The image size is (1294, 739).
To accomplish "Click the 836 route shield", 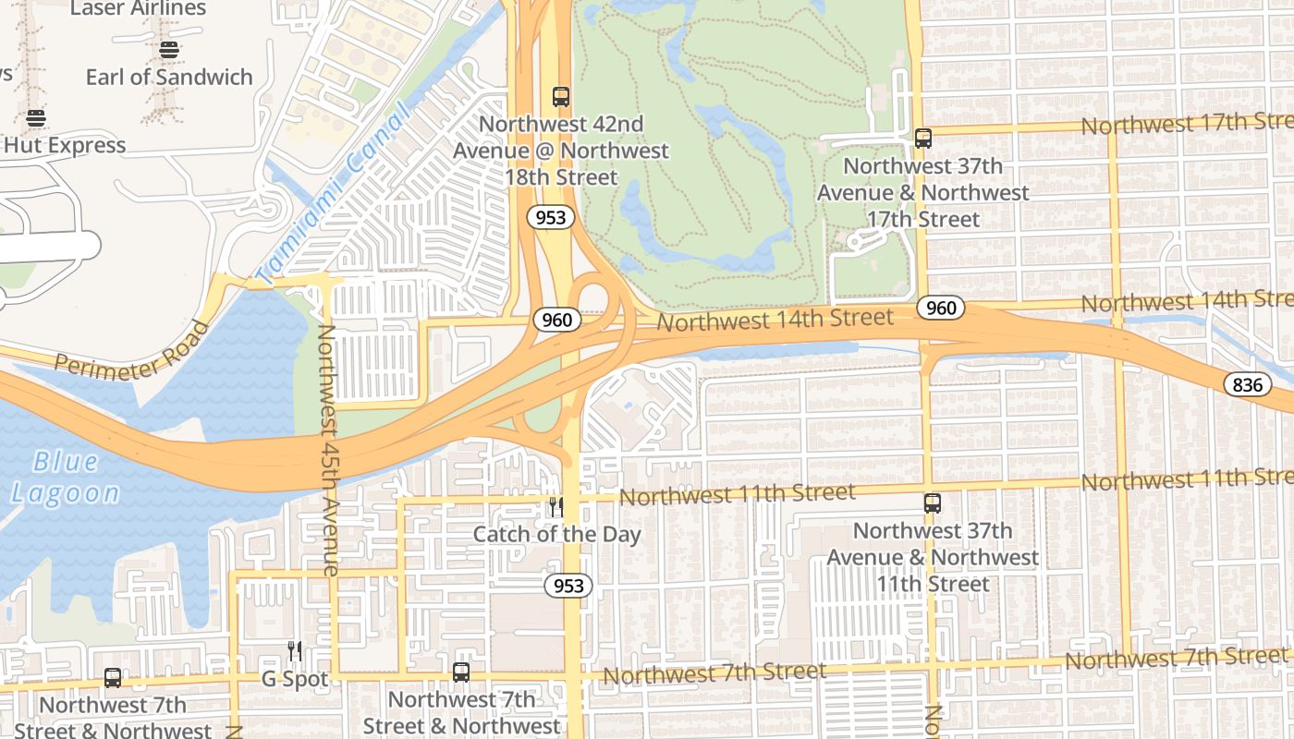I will click(1247, 384).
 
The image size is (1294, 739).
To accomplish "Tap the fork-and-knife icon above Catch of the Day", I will click(555, 506).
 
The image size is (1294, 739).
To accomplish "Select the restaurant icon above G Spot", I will click(294, 651).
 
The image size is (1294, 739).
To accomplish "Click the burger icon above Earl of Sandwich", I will click(168, 49).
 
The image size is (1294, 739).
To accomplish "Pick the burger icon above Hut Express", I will click(36, 118).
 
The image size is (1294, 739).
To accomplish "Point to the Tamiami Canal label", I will click(333, 194).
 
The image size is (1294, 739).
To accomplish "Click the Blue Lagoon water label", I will click(66, 477).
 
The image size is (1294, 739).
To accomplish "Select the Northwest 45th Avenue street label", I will click(327, 450).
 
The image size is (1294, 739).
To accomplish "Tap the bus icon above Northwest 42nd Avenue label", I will click(560, 96).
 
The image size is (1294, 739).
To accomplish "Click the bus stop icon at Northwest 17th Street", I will click(922, 139).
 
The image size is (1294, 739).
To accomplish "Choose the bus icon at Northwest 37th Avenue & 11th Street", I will click(932, 503).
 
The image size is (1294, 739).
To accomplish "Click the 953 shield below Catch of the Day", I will click(568, 586).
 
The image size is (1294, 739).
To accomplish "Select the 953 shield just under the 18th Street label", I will click(553, 218).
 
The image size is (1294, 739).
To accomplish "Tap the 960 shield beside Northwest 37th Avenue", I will click(941, 308).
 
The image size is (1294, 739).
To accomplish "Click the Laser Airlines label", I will click(138, 9).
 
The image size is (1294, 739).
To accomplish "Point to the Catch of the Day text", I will click(556, 534).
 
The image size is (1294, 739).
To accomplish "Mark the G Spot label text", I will click(294, 679).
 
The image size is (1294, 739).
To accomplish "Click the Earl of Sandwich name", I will click(169, 77).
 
